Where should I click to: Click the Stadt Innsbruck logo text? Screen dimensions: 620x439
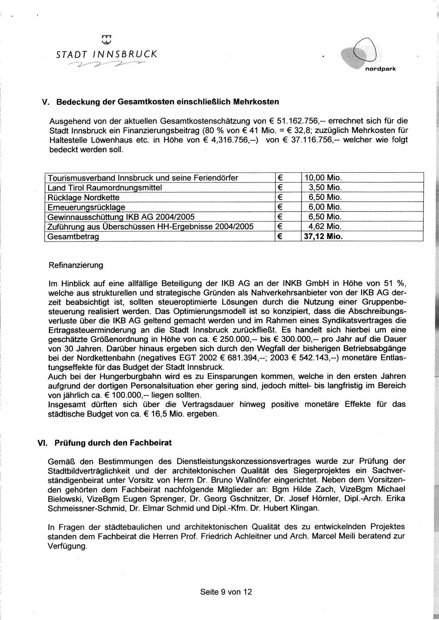coord(107,54)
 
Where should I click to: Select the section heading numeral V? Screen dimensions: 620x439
coord(45,102)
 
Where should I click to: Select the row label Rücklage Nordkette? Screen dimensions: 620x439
coord(84,197)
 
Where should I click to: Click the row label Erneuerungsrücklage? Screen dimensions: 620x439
coord(86,207)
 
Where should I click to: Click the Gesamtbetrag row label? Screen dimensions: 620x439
coord(73,236)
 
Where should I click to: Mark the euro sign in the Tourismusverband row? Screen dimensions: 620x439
coord(280,178)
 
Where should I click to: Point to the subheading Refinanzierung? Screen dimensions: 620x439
coord(76,265)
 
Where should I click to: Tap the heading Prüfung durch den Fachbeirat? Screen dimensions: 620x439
coord(113,442)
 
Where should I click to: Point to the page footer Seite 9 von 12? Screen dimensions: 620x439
coord(226,591)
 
